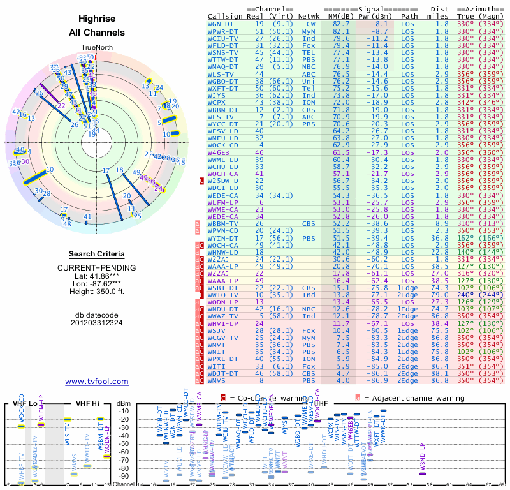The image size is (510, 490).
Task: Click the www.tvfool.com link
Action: (x=96, y=382)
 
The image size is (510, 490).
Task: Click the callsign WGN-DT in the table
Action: (x=221, y=23)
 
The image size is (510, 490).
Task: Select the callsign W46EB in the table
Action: (x=218, y=153)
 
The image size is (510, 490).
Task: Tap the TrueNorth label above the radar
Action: (x=96, y=48)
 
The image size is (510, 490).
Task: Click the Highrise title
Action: (x=96, y=19)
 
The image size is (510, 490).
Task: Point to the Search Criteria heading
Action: (x=96, y=254)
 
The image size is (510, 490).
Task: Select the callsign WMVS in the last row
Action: (x=218, y=381)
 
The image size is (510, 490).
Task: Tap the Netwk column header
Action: (x=309, y=15)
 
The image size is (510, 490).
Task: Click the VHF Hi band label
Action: (x=87, y=404)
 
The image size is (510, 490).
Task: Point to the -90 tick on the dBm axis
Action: (x=125, y=476)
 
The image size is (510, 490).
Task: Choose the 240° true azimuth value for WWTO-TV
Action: (x=479, y=296)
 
